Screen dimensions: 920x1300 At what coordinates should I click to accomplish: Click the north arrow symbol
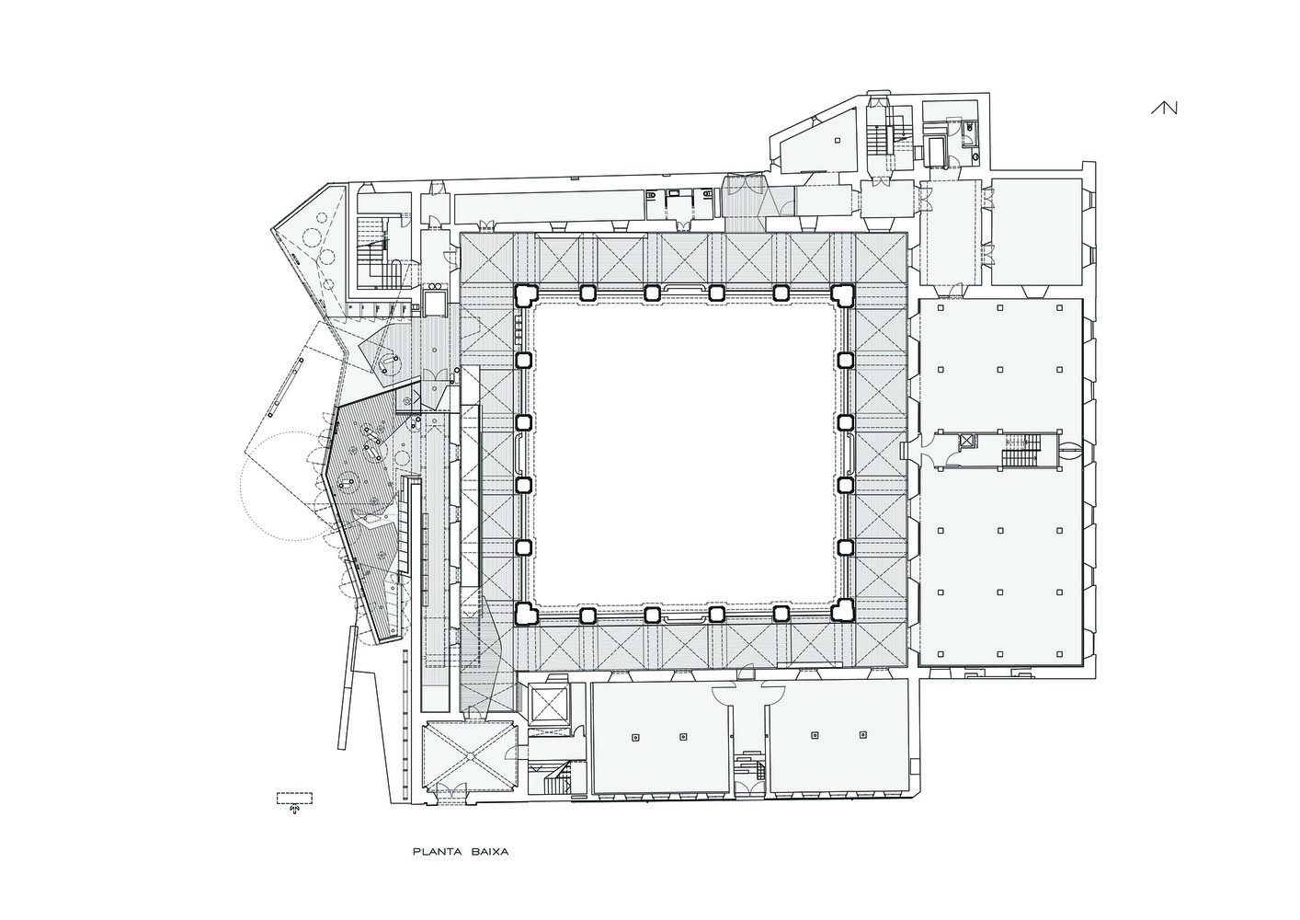pos(1165,108)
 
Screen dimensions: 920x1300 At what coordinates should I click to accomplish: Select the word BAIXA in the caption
pos(486,852)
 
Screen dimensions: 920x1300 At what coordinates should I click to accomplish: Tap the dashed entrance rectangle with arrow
pos(295,799)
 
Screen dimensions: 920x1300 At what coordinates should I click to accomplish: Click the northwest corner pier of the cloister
pos(526,294)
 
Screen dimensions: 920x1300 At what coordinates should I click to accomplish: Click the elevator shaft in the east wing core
pos(967,442)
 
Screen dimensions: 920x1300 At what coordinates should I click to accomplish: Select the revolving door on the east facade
pos(1071,451)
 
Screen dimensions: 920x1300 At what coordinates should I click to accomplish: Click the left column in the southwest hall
pos(635,737)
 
